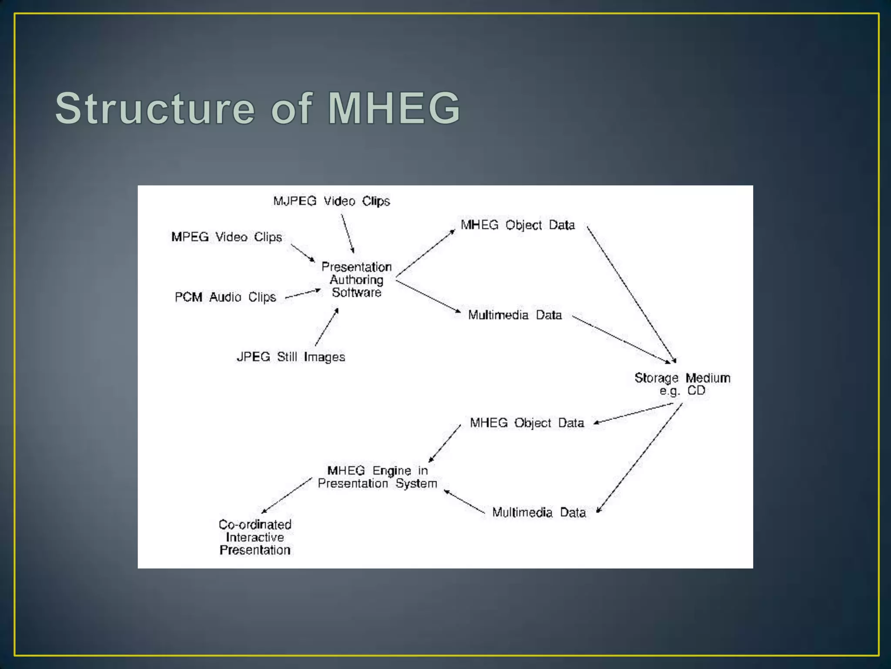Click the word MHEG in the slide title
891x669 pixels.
coord(393,108)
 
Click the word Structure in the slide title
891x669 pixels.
coord(155,108)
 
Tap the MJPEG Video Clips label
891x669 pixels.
coord(332,201)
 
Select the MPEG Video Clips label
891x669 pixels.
coord(226,237)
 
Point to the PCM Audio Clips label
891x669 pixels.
coord(225,297)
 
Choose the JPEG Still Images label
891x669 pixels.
coord(291,357)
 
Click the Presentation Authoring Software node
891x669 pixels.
coord(356,280)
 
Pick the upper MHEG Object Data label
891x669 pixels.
coord(518,225)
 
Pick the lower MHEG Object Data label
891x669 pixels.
coord(527,423)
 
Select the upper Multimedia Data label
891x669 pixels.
coord(515,315)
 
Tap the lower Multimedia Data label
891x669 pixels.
coord(539,513)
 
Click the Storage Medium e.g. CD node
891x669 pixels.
coord(682,384)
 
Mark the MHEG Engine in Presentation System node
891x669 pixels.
coord(377,477)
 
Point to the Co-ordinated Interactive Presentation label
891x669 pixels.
coord(255,537)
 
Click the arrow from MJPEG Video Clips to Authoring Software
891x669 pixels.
coord(347,233)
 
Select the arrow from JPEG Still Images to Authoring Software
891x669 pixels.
coord(326,328)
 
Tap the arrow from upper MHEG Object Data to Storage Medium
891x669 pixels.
coord(631,294)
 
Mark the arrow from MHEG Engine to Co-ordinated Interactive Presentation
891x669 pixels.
coord(287,496)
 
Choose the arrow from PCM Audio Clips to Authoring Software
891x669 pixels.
coord(303,294)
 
